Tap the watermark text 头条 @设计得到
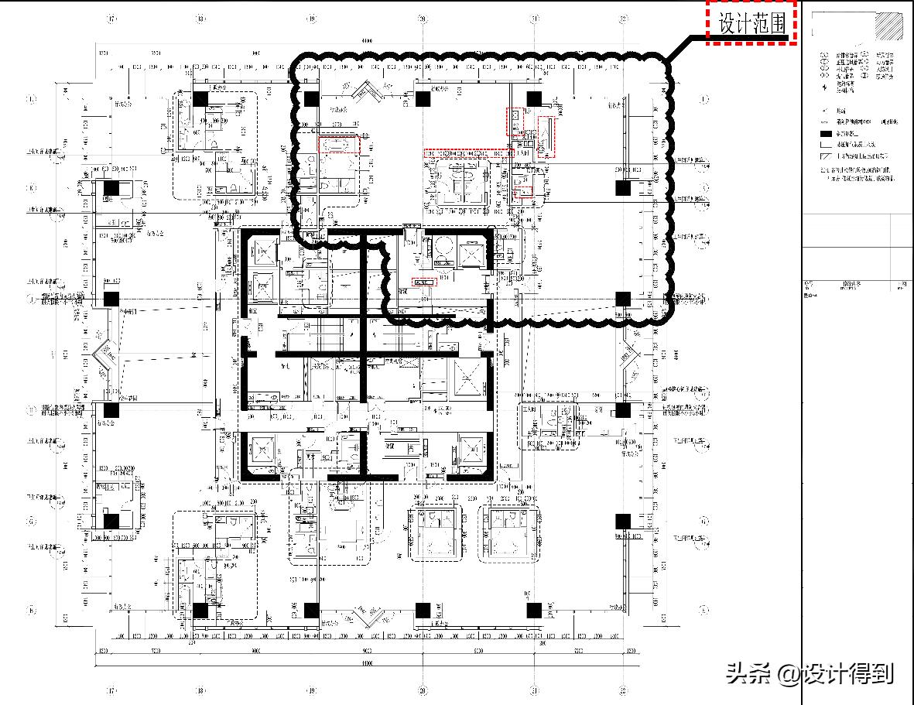[x=810, y=673]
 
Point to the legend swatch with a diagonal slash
[x=826, y=156]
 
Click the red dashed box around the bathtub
[x=340, y=145]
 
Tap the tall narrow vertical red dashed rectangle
[x=546, y=138]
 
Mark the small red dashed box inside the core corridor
[x=424, y=282]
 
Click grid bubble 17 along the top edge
[x=112, y=18]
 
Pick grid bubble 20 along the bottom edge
[x=423, y=691]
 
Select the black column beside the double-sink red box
[x=533, y=98]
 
